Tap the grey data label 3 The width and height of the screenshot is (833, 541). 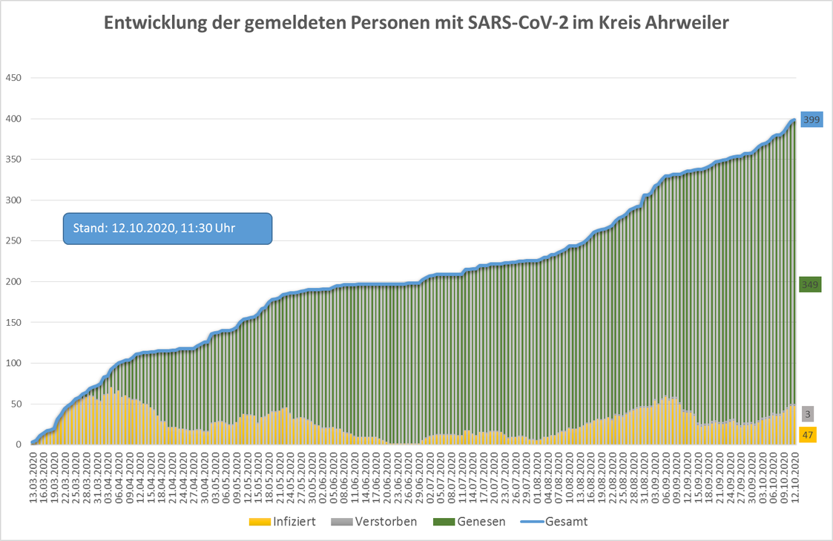pos(807,414)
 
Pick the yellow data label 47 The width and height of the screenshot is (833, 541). pos(807,435)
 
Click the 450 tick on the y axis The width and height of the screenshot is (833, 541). pos(14,78)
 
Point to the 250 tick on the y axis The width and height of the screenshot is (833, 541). pos(14,241)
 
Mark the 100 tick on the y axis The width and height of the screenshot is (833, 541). pos(14,363)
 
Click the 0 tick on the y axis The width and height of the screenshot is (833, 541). pos(20,445)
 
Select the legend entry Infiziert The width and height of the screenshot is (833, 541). pos(295,522)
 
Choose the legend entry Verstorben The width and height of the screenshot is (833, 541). pos(386,522)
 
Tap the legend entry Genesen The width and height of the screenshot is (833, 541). pos(481,522)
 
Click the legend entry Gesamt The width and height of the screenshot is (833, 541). pos(566,522)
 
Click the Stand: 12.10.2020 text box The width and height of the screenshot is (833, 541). pos(168,228)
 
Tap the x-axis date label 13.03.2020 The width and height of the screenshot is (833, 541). pos(33,475)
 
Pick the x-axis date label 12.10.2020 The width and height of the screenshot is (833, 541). pos(794,475)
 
